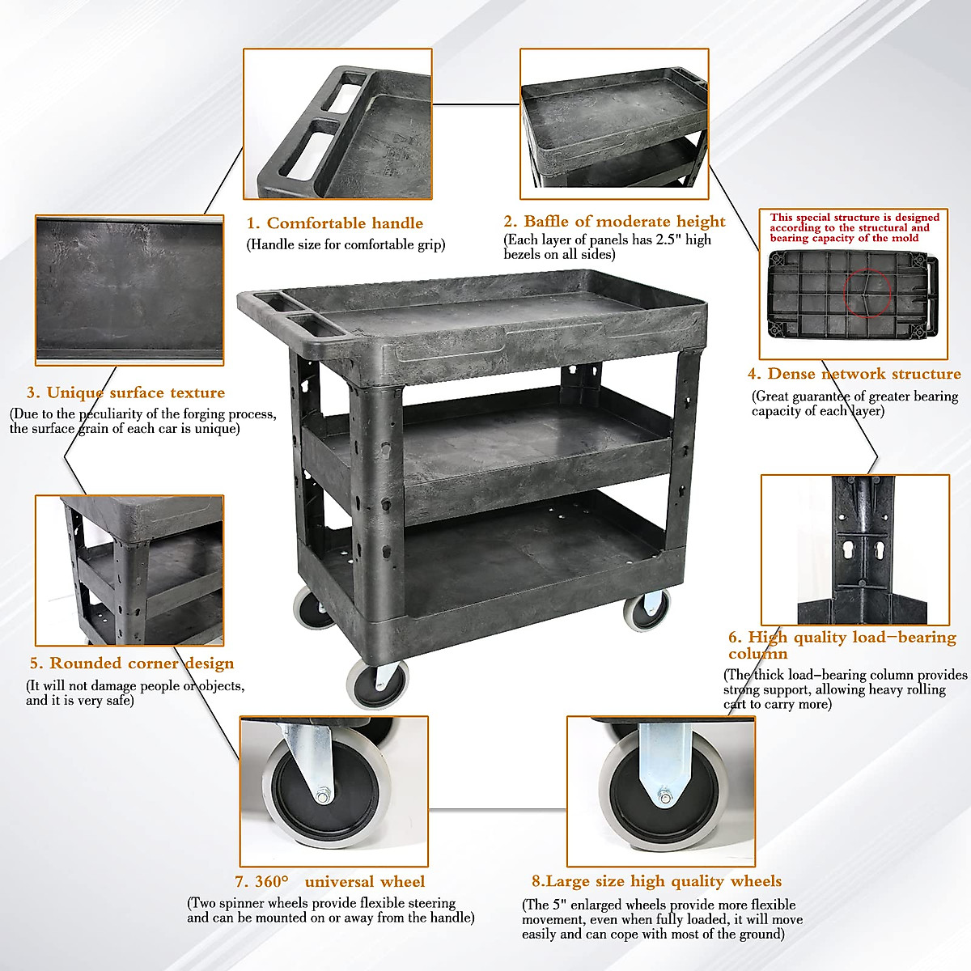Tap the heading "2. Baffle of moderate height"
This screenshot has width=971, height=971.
(614, 222)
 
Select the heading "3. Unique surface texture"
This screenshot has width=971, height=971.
(125, 392)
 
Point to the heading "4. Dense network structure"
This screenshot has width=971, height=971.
(854, 374)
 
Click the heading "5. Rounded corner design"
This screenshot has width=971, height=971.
(132, 664)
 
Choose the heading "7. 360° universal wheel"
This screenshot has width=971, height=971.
(329, 882)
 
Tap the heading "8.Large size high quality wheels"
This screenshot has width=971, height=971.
(656, 881)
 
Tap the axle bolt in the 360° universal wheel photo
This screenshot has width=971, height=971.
(322, 797)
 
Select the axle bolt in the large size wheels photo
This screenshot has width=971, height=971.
(665, 799)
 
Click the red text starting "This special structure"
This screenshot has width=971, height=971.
(854, 227)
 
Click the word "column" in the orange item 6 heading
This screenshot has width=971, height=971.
(757, 654)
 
